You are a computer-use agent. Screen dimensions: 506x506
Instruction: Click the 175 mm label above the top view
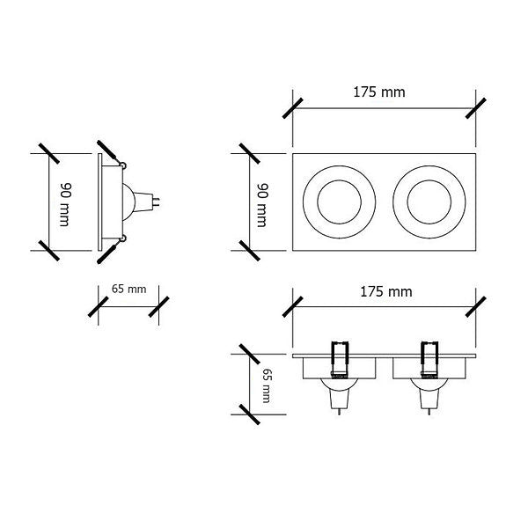click(379, 92)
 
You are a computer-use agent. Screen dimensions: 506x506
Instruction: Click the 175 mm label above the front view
click(386, 292)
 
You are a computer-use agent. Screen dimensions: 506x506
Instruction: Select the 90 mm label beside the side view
click(65, 205)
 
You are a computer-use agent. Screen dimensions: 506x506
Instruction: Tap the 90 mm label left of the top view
click(263, 205)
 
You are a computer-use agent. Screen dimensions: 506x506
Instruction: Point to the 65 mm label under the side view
click(128, 289)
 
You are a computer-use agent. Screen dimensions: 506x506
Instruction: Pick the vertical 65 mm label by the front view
click(266, 385)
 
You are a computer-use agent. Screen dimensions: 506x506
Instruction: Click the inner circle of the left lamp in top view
click(339, 202)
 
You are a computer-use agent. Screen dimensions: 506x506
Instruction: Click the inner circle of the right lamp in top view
click(429, 202)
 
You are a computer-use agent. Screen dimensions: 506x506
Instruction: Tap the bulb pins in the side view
click(157, 202)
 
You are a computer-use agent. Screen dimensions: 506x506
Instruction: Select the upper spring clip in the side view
click(112, 153)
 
